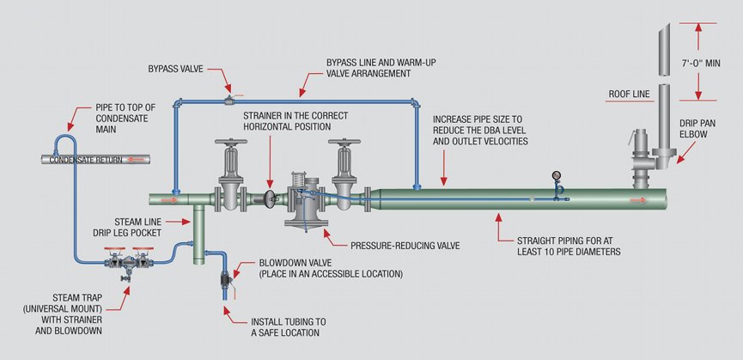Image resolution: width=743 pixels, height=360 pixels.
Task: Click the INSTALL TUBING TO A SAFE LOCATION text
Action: (286, 326)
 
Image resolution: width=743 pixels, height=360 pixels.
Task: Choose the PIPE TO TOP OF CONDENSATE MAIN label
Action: (125, 113)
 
